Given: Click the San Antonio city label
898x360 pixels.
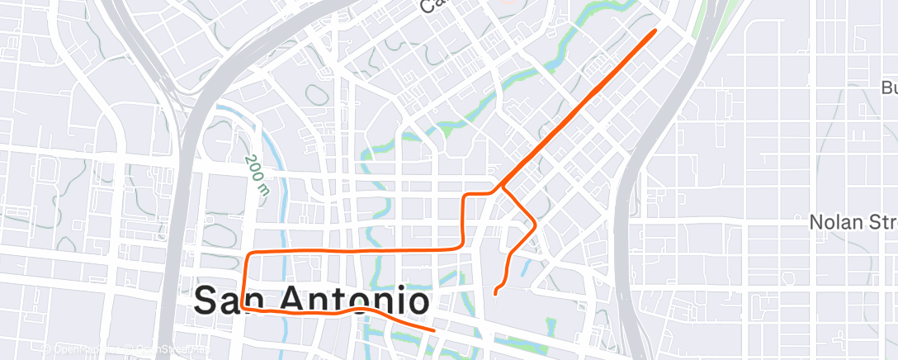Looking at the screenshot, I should [311, 301].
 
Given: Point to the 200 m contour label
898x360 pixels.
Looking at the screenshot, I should [258, 175].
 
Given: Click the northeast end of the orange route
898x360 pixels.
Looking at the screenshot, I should [655, 31].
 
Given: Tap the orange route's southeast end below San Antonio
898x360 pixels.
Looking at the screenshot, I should [433, 329].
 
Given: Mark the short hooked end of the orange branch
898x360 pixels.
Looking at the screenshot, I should [494, 292].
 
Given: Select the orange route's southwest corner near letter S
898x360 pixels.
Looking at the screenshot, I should [245, 307].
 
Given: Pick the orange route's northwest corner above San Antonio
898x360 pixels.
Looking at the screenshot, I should [251, 252].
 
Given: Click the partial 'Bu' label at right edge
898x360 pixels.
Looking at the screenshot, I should [889, 88].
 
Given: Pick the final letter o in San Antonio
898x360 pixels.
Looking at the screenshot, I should [417, 302].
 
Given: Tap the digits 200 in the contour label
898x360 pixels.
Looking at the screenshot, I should [253, 166].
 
